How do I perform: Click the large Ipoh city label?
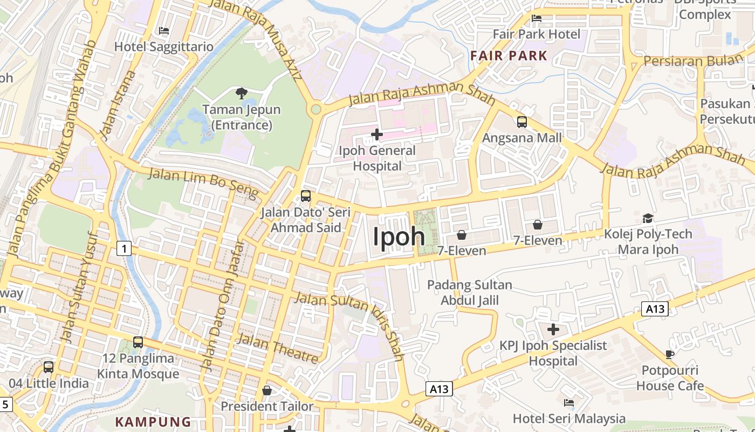pos(400,237)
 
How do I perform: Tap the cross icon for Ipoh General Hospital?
pos(377,133)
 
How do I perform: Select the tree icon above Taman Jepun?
pos(242,93)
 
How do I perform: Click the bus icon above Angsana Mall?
pos(522,122)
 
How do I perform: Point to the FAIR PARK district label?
pos(509,56)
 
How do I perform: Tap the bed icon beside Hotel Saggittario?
pos(164,31)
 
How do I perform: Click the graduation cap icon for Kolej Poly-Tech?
pos(648,218)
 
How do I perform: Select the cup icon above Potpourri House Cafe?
pos(670,354)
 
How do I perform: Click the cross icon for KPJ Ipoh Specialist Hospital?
pos(553,329)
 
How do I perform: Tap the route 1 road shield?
pos(124,248)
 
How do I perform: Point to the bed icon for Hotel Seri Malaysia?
pos(569,402)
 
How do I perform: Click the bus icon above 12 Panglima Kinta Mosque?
pos(138,342)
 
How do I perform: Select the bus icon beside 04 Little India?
pos(49,367)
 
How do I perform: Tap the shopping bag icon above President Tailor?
pos(267,390)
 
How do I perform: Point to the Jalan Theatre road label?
pos(278,348)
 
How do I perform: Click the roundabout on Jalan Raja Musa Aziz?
pos(316,109)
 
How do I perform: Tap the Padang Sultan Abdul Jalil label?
pos(470,292)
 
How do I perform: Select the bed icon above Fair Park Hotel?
pos(537,18)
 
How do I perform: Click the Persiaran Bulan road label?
pos(694,60)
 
